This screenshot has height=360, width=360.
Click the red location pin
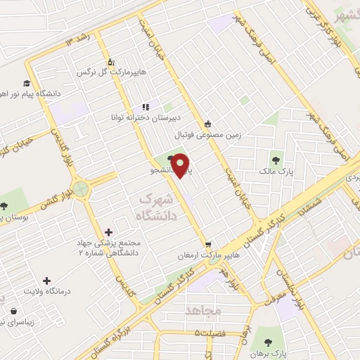pyautogui.click(x=181, y=165)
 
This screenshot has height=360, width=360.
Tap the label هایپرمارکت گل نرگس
pyautogui.click(x=105, y=72)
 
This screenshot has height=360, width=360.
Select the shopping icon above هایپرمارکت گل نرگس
pyautogui.click(x=110, y=60)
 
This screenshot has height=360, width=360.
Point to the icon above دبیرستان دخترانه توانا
pyautogui.click(x=146, y=106)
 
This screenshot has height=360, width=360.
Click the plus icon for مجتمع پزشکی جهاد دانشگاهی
pyautogui.click(x=108, y=231)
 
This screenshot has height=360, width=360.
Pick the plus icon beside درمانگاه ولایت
pyautogui.click(x=47, y=281)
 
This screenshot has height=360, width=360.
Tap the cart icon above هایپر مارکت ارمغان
pyautogui.click(x=207, y=245)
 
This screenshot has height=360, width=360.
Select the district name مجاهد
pyautogui.click(x=204, y=310)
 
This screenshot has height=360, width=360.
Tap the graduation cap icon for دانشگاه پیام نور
pyautogui.click(x=26, y=82)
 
